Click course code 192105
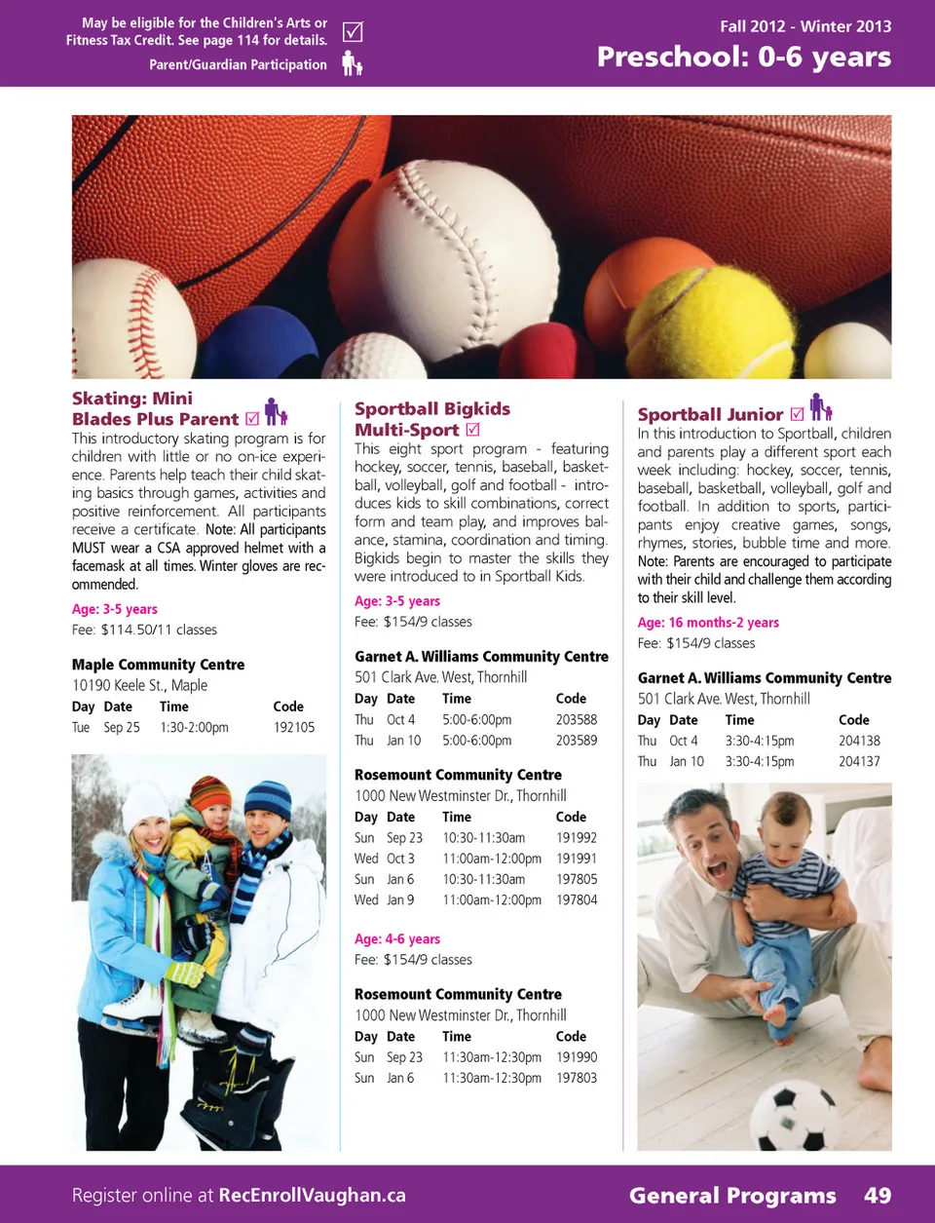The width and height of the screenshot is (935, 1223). coord(294,728)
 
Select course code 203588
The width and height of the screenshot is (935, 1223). coord(577,720)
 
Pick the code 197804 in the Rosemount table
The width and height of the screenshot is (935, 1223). coord(577,900)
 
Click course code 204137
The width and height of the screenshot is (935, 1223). coord(859,762)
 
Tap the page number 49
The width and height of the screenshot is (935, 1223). coord(878,1196)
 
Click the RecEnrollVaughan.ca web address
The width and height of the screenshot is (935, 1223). coord(312,1196)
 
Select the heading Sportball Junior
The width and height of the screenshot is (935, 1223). coord(710,414)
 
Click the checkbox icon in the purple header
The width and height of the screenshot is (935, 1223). coord(353,32)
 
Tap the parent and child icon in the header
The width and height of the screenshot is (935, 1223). coord(353,64)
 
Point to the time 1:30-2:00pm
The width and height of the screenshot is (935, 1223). coord(194,728)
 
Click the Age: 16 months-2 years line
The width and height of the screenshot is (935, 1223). coord(708,623)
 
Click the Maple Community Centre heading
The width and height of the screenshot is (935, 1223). coord(158,665)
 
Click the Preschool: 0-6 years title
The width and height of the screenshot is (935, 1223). coord(743,57)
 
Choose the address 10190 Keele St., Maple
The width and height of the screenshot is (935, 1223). coord(139,685)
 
